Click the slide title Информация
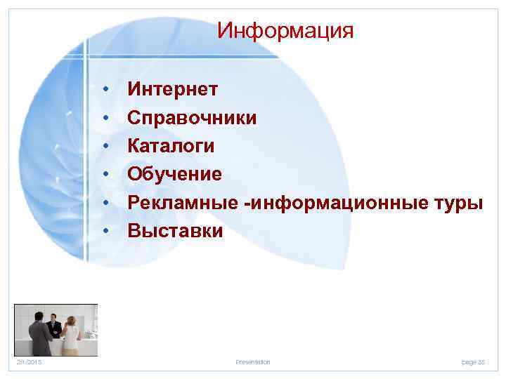[x=285, y=31]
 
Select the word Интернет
[x=172, y=89]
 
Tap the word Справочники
[x=191, y=117]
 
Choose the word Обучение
[x=174, y=174]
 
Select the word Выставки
[x=175, y=231]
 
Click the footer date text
[x=30, y=362]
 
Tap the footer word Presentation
[x=252, y=362]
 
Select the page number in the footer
[x=473, y=362]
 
